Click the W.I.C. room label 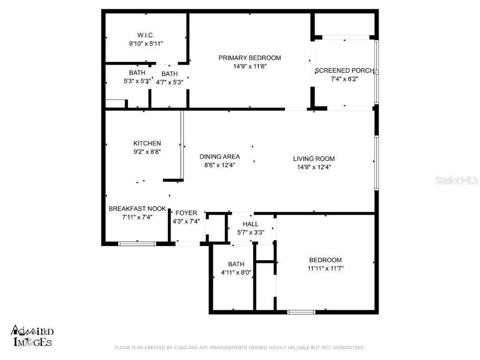click(x=146, y=35)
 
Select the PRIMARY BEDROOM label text click(x=250, y=58)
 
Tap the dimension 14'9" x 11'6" click(x=250, y=67)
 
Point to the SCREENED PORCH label click(x=345, y=71)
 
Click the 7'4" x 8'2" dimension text click(x=345, y=79)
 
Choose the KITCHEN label click(x=147, y=143)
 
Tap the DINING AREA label click(x=220, y=157)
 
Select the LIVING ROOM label click(x=314, y=159)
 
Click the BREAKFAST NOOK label click(x=137, y=209)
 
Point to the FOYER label click(x=187, y=213)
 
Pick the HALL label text click(x=251, y=224)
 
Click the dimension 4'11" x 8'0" click(x=236, y=272)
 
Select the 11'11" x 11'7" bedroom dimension click(x=325, y=269)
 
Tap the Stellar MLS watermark click(x=456, y=180)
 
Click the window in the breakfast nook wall click(x=137, y=244)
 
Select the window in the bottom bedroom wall click(x=301, y=312)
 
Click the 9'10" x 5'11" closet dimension click(x=146, y=44)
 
